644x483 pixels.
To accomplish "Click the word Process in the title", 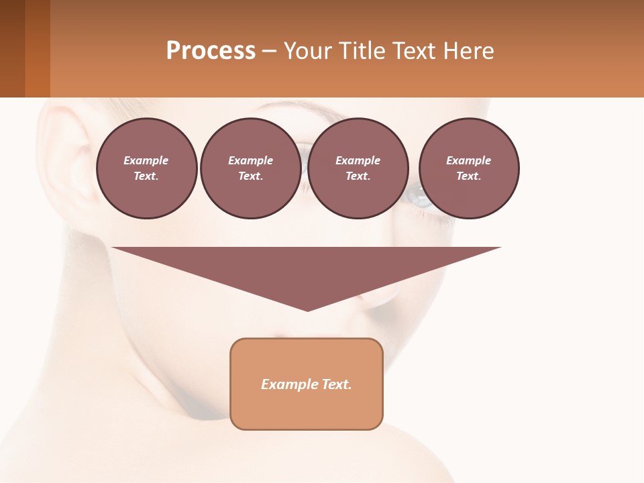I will [x=211, y=51].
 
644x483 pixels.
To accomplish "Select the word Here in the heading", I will [x=467, y=51].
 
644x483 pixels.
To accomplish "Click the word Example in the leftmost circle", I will [x=146, y=160].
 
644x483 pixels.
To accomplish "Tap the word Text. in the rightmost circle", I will [x=468, y=176].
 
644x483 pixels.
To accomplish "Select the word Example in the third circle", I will [x=358, y=160].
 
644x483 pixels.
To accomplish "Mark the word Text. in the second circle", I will [x=250, y=176].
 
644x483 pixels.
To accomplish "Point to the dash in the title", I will [x=270, y=51].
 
